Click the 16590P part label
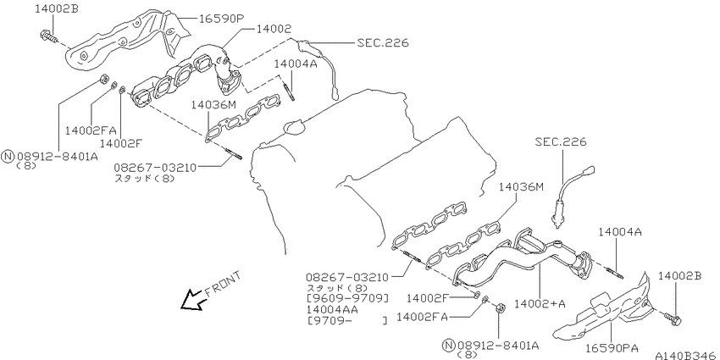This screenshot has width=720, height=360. [x=221, y=19]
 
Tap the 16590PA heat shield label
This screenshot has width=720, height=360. [x=612, y=347]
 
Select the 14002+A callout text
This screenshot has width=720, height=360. [x=540, y=303]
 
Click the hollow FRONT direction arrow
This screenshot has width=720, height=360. [x=193, y=301]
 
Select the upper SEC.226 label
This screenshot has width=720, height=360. [x=383, y=42]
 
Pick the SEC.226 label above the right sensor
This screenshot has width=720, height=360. [x=561, y=142]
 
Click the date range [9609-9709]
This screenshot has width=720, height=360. [x=347, y=299]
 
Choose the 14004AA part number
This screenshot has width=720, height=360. [x=332, y=309]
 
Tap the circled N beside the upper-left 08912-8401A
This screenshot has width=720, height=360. [x=8, y=157]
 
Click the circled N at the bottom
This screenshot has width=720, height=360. [x=449, y=346]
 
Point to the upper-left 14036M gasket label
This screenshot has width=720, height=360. [x=213, y=105]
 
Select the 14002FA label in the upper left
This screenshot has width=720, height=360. [x=91, y=130]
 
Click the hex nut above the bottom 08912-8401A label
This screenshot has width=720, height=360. [x=501, y=308]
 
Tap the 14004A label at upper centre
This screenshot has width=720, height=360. [x=296, y=64]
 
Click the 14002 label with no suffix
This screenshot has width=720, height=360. [x=274, y=29]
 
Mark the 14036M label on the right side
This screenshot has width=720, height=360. [x=521, y=187]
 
